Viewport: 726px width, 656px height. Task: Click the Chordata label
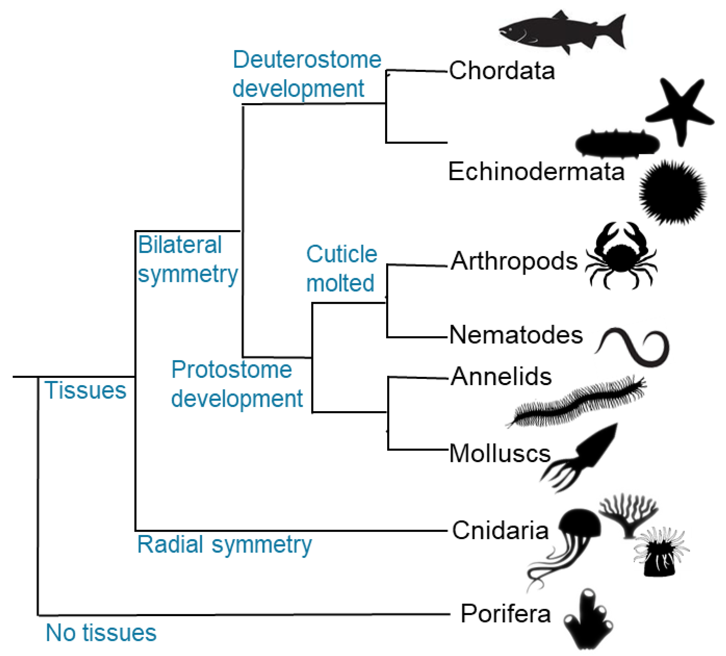click(502, 71)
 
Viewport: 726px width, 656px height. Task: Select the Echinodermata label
click(536, 172)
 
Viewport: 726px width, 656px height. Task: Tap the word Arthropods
click(514, 261)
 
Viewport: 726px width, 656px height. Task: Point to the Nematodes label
click(516, 335)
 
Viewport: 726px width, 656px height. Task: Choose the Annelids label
click(501, 377)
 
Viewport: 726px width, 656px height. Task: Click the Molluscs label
click(500, 453)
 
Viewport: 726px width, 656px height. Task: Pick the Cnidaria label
click(500, 531)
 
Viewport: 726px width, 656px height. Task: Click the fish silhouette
click(562, 32)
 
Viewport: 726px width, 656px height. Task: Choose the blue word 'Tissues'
click(85, 390)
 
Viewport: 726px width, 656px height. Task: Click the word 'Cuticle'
click(341, 254)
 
